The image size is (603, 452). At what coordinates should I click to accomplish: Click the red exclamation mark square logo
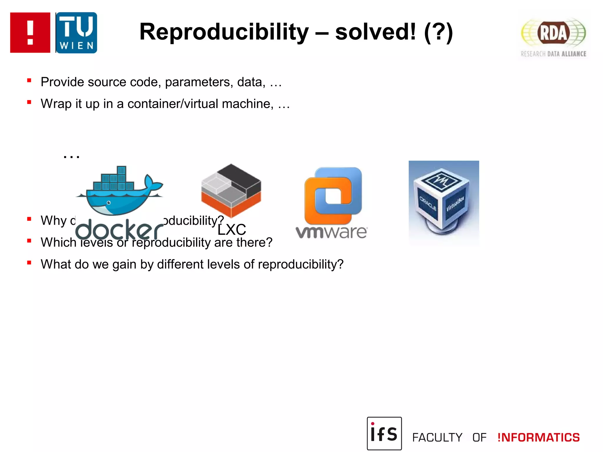pos(30,33)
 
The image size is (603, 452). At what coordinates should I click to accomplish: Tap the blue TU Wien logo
pos(76,33)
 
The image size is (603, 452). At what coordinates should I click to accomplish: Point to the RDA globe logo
pos(553,33)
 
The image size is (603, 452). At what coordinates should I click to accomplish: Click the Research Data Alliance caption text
pos(553,54)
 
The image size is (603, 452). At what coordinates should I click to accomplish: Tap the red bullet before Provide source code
pos(29,80)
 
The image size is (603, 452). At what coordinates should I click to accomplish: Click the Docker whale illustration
pos(119,191)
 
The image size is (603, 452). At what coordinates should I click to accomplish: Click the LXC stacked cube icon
pos(231,190)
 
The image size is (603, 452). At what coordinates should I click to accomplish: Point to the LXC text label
pos(232,230)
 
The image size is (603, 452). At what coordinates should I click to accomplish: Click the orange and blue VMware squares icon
pos(333,195)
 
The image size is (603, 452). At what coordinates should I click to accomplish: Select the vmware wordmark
pos(332,232)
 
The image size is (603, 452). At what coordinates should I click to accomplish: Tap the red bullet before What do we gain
pos(29,263)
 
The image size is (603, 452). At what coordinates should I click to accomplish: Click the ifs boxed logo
pos(384,433)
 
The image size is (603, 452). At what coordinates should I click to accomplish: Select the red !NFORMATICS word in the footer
pos(539,438)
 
